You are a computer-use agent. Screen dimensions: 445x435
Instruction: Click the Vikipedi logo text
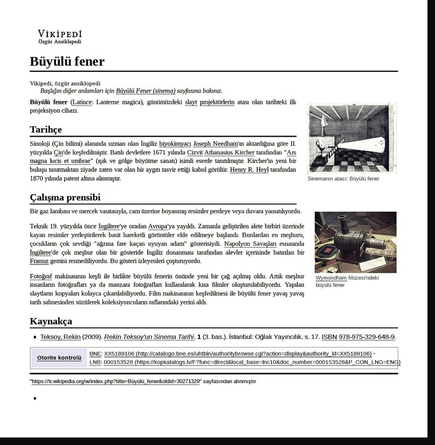point(60,34)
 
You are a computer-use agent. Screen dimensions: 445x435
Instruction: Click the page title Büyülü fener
point(67,61)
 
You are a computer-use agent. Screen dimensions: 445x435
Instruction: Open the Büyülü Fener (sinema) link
point(145,91)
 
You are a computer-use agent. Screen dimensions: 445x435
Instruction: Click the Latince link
point(82,102)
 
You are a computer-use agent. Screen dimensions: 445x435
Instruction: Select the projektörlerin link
point(217,102)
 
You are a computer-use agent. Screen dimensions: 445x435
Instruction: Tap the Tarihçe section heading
point(46,129)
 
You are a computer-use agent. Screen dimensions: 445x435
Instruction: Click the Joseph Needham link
point(215,144)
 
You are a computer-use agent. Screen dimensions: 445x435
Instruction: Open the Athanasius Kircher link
point(229,152)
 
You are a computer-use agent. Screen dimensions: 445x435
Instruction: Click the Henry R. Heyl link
point(249,170)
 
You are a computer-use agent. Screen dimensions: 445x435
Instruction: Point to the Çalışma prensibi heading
point(65,197)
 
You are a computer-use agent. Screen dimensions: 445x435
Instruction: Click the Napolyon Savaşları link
point(250,244)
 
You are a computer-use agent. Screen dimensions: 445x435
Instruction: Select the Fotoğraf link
point(41,276)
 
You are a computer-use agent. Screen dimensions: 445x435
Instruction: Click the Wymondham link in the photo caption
point(331,278)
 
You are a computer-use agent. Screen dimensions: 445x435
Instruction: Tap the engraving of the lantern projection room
point(351,138)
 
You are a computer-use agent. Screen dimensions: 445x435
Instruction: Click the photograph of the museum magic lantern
point(355,242)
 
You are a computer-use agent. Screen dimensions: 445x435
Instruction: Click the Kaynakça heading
point(51,321)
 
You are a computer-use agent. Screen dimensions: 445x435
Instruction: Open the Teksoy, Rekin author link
point(60,337)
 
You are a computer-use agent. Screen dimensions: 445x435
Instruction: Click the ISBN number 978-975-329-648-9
point(366,337)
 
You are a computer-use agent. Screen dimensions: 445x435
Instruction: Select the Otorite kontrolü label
point(59,358)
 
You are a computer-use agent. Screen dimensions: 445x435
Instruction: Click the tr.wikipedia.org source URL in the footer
point(116,381)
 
